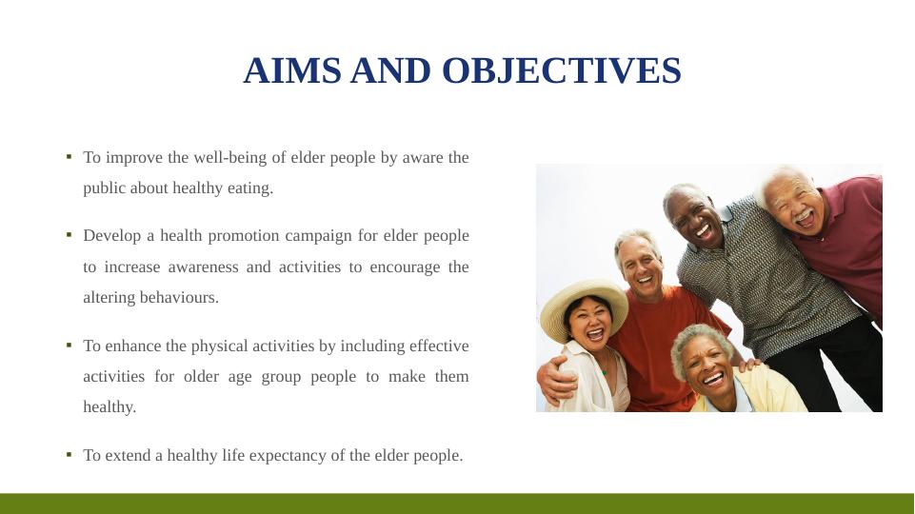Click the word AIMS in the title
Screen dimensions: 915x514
click(291, 70)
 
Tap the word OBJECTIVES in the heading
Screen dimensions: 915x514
click(562, 70)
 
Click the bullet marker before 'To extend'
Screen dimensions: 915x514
click(69, 454)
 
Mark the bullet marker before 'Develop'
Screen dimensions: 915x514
click(69, 235)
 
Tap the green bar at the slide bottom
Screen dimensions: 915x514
click(457, 504)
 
